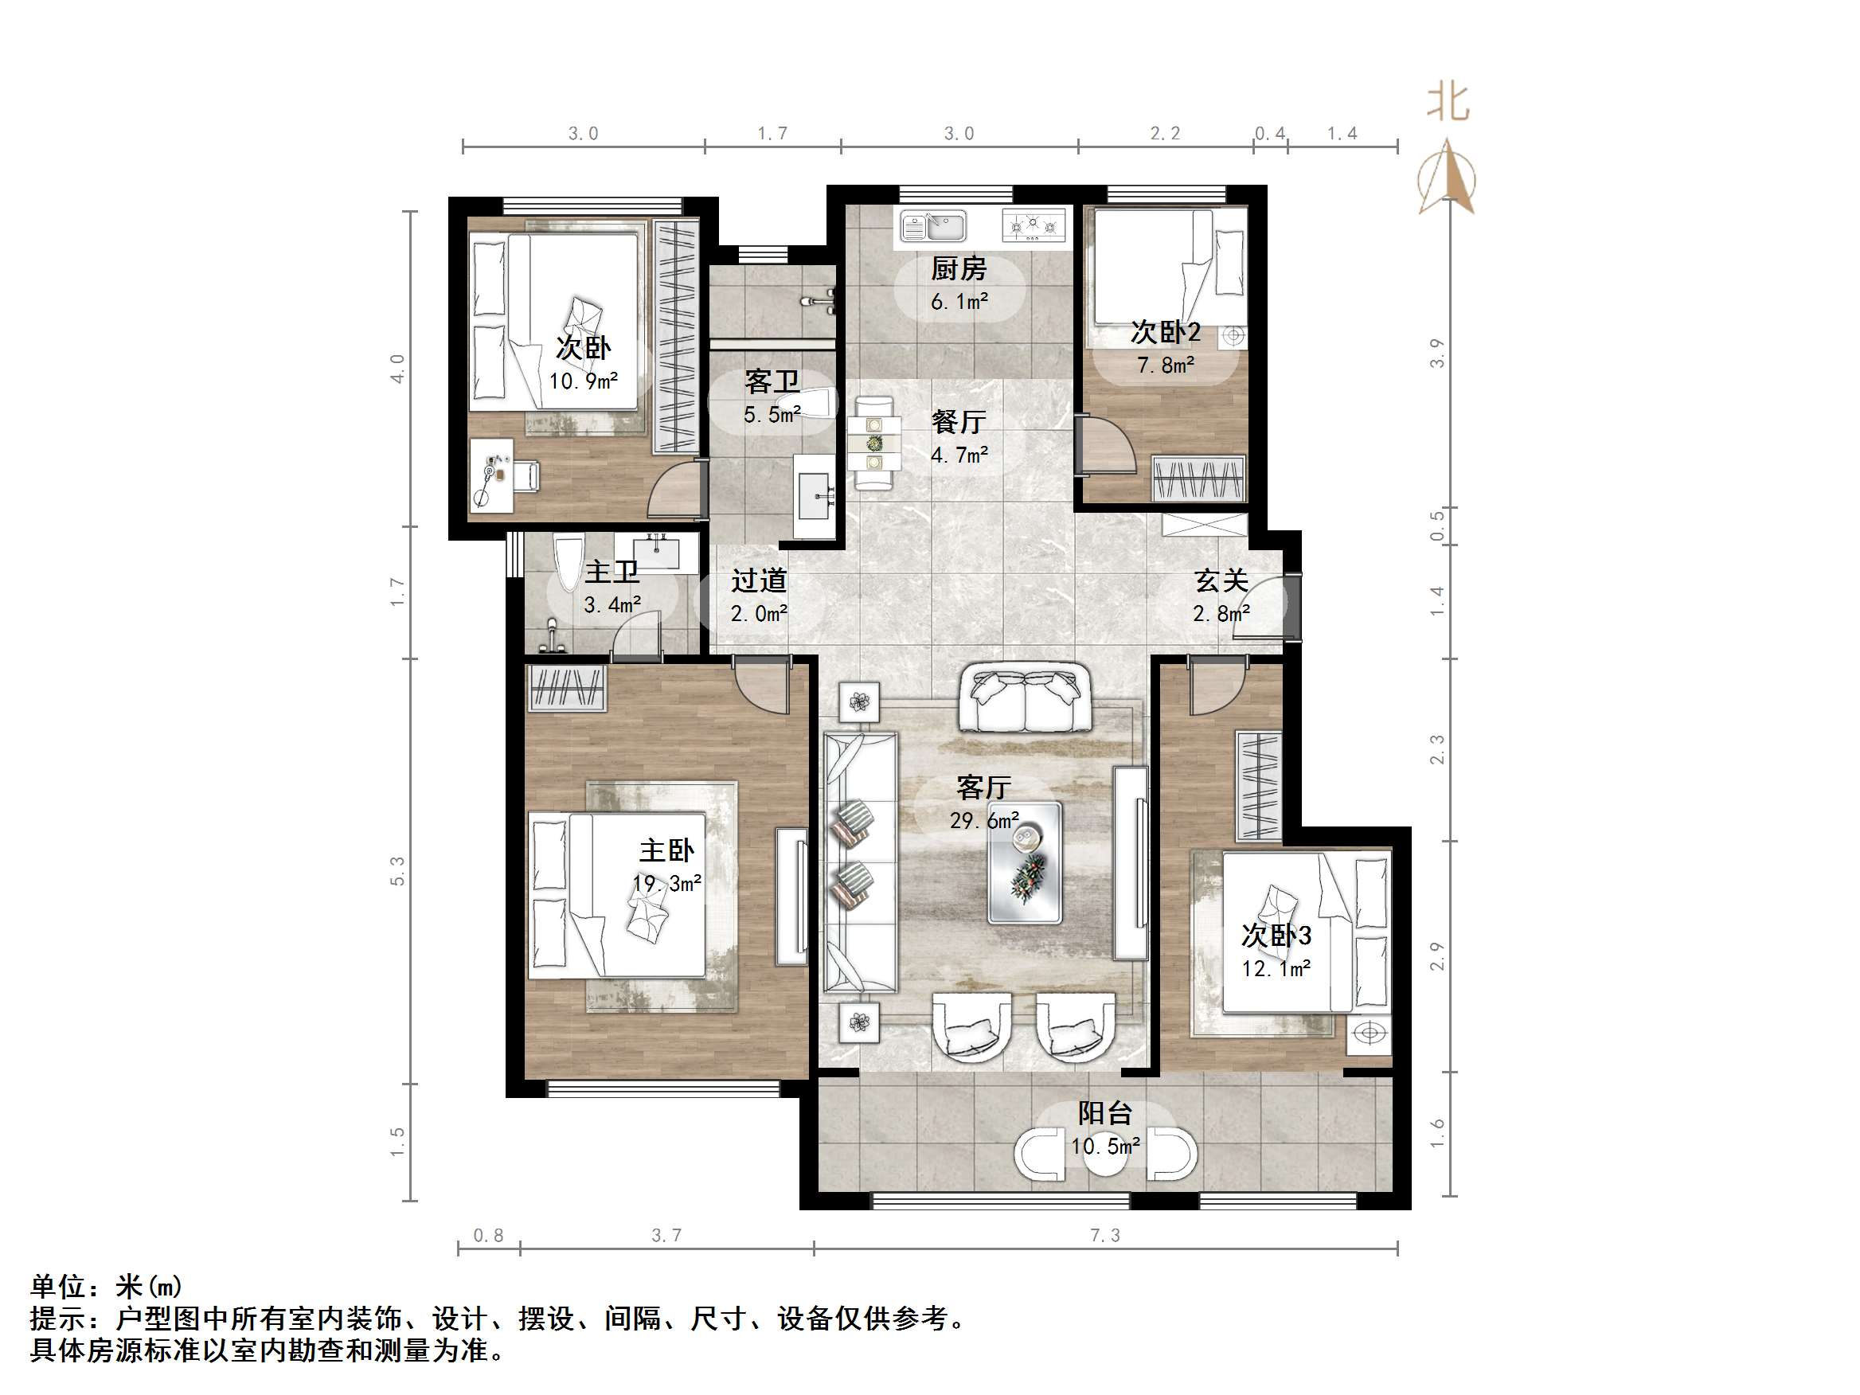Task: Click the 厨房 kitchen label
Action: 958,269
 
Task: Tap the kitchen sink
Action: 933,226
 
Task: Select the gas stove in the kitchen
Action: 1034,225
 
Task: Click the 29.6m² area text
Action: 984,820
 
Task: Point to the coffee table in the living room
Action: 1024,862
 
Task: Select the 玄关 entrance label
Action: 1220,580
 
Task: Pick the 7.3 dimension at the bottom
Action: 1105,1235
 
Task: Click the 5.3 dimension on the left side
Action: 398,871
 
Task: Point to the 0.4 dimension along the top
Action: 1270,134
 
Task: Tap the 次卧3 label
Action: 1276,935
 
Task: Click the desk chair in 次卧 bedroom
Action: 526,476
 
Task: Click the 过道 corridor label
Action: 759,580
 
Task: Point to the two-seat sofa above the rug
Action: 1024,697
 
